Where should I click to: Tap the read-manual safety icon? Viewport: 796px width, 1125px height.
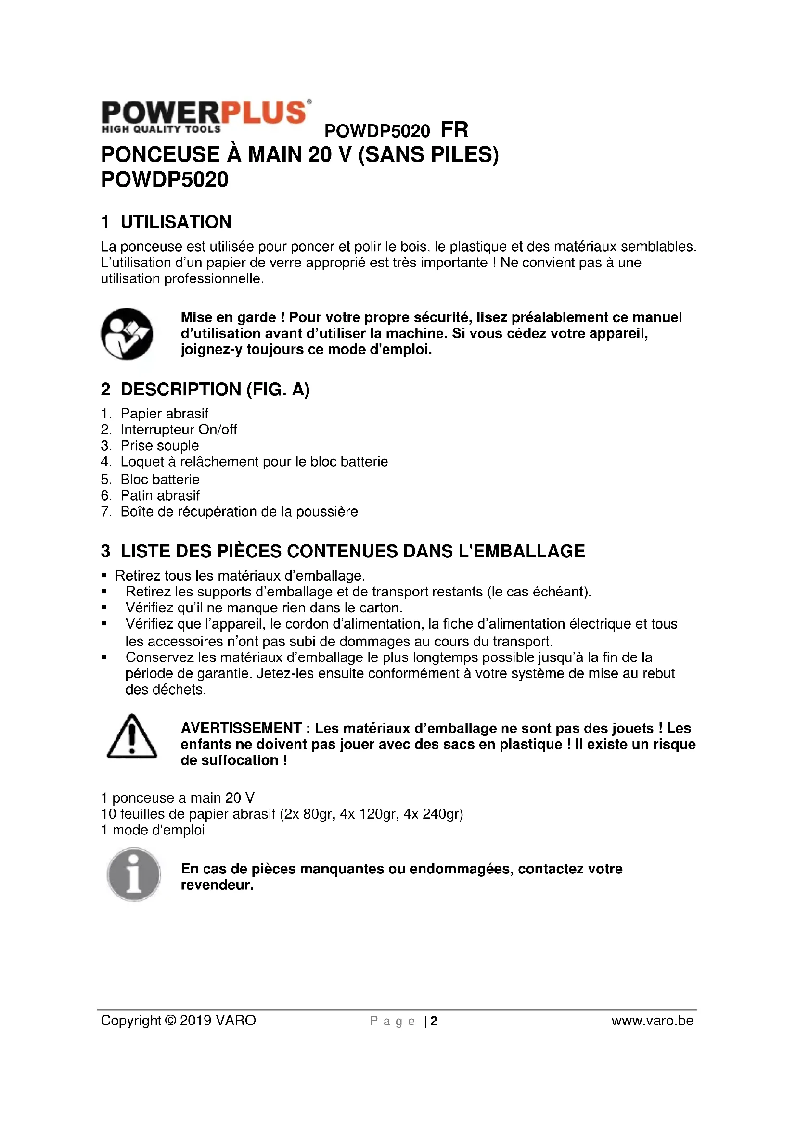(x=127, y=334)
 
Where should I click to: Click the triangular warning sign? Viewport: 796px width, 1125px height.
(x=131, y=737)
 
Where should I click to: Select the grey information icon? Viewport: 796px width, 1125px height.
(x=133, y=875)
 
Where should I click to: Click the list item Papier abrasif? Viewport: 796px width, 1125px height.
(x=164, y=414)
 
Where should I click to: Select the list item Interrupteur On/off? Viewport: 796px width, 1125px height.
(x=179, y=430)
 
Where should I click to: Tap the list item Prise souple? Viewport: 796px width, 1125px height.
(x=160, y=446)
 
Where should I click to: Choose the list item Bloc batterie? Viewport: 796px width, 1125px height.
(x=160, y=479)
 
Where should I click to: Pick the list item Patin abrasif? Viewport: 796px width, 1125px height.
(x=160, y=495)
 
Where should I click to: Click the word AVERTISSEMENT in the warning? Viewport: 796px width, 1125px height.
(x=241, y=728)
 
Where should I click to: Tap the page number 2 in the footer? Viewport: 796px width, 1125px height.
(x=434, y=1021)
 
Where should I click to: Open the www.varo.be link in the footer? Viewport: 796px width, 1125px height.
(x=652, y=1021)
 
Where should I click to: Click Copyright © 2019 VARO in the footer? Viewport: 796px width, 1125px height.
(x=179, y=1021)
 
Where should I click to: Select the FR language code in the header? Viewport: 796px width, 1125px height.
(x=454, y=130)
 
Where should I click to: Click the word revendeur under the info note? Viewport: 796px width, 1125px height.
(x=217, y=885)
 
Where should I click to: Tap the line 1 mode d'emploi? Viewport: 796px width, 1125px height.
(x=153, y=830)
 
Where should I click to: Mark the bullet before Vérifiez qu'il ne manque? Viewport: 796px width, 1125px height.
(x=104, y=608)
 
